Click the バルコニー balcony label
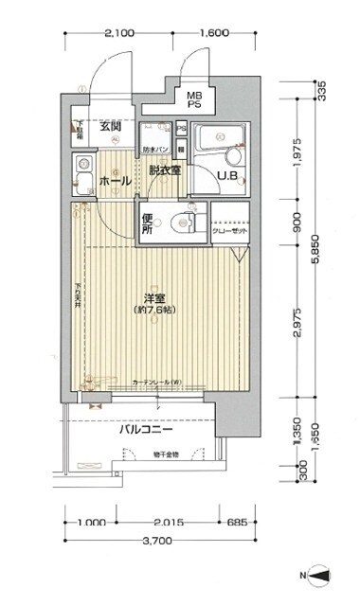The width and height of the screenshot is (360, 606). click(144, 429)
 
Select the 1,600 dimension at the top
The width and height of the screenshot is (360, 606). click(214, 33)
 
